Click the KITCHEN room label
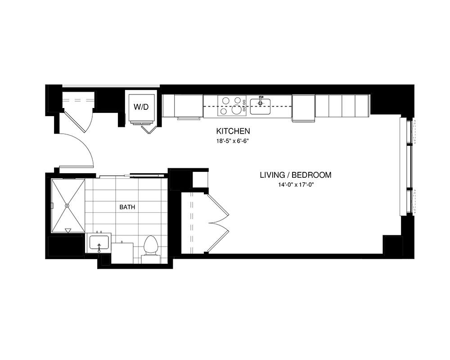233,131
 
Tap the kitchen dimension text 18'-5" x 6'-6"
233,141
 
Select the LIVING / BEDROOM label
296,175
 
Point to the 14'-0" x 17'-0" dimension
296,185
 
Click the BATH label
127,207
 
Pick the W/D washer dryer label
141,107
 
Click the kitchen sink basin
260,106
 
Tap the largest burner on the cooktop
237,109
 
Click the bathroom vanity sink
99,243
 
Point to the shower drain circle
67,206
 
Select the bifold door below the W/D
149,130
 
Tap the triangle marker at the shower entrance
68,230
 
